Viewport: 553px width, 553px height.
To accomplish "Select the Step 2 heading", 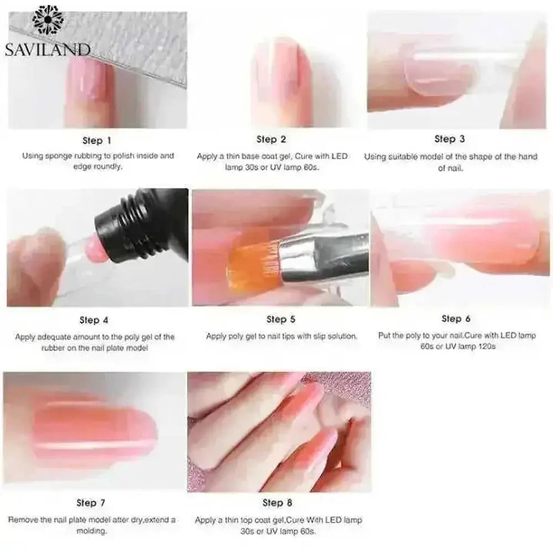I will [271, 139].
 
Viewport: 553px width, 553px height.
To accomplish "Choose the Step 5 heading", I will [281, 319].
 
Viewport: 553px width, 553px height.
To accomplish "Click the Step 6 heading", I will [456, 319].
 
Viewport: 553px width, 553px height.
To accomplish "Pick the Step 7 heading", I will [90, 503].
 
